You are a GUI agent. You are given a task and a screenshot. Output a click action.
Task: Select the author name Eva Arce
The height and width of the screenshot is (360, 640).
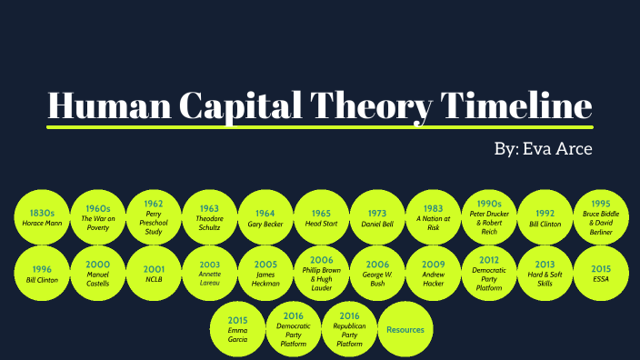click(x=556, y=148)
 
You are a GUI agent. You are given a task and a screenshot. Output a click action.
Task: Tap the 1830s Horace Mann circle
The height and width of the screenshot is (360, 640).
click(x=41, y=218)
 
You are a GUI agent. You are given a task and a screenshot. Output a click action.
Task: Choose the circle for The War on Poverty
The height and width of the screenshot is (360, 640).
click(x=97, y=218)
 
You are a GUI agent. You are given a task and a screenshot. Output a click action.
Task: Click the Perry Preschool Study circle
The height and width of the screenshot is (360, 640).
click(x=153, y=218)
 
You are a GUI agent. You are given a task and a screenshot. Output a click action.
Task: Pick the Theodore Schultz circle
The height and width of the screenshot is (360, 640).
click(x=209, y=218)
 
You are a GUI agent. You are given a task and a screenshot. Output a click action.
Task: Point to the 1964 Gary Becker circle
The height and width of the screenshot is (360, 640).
click(x=265, y=218)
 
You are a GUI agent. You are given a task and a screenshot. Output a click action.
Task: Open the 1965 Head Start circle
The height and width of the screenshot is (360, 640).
click(x=321, y=218)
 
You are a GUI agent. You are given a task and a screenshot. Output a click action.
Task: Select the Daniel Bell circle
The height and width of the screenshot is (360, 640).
click(x=377, y=218)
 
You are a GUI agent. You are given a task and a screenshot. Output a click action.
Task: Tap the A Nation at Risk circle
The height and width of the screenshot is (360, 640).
click(x=433, y=218)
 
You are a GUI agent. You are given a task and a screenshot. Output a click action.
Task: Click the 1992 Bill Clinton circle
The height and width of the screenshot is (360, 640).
click(x=545, y=218)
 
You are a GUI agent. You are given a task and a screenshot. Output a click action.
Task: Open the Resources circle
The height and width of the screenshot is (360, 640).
click(x=405, y=329)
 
